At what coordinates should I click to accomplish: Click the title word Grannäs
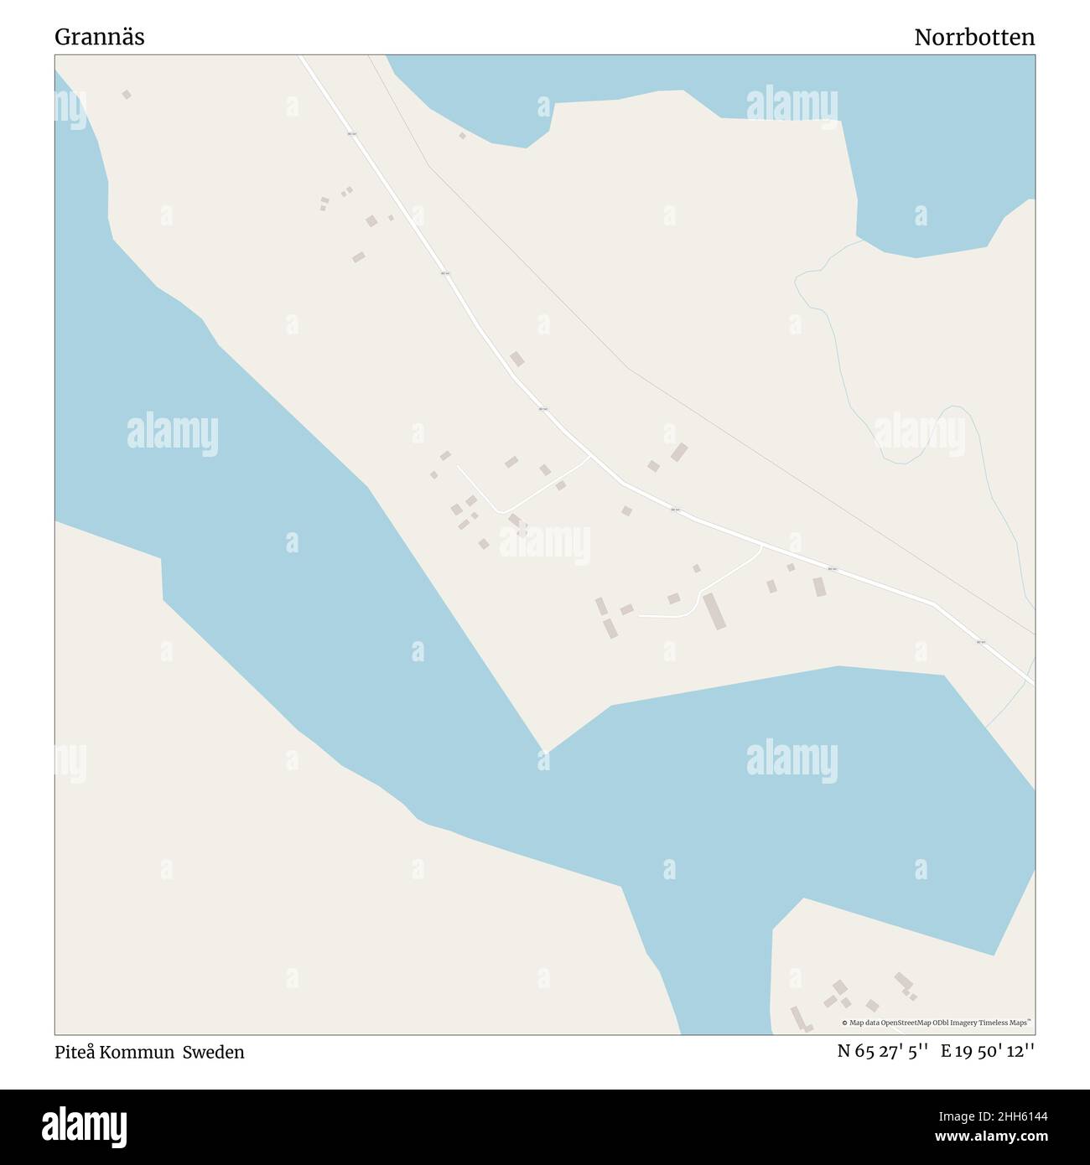coord(100,38)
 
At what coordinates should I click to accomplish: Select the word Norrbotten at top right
coord(974,38)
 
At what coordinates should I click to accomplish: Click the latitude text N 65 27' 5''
coord(882,1052)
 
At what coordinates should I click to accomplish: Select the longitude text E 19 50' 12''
coord(988,1052)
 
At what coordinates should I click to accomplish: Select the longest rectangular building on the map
coord(714,611)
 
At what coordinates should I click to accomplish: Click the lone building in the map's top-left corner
coord(127,95)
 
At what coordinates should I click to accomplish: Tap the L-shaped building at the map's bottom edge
coord(801,1020)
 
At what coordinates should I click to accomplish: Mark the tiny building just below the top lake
coord(462,135)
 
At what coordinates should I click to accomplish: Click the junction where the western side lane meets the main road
coord(590,457)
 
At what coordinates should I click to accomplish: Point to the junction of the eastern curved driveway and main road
coord(760,545)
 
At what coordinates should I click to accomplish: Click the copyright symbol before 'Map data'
coord(844,1023)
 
